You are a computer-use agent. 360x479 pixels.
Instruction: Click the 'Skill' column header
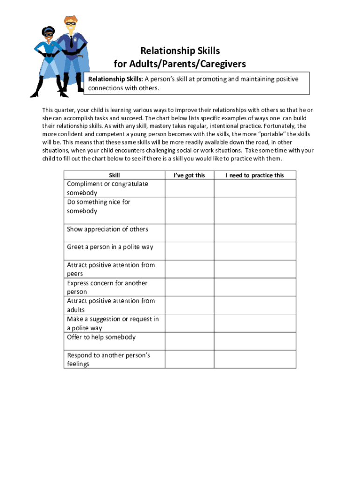pos(114,175)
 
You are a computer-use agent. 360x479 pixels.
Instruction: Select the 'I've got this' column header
pos(189,175)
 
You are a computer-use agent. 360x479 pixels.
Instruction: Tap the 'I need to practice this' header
pos(255,175)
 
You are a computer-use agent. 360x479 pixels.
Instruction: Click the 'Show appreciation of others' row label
pos(108,229)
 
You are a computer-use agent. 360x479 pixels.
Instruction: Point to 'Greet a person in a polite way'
pos(110,247)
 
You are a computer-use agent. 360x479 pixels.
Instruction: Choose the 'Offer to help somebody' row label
pos(101,337)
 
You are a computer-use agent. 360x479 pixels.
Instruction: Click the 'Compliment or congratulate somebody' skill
pos(108,188)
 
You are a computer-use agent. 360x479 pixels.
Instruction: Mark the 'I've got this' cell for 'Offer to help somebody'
pos(189,341)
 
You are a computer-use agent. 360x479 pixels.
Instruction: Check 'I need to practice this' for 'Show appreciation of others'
pos(255,232)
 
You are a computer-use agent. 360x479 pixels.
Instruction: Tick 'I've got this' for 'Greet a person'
pos(189,251)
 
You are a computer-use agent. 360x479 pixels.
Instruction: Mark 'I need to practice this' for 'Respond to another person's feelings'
pos(255,359)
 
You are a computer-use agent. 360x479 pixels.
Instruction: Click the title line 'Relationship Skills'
pos(180,51)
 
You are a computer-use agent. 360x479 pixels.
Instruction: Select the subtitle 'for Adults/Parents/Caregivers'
pos(180,64)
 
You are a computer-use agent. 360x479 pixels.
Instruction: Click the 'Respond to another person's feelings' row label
pos(108,359)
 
